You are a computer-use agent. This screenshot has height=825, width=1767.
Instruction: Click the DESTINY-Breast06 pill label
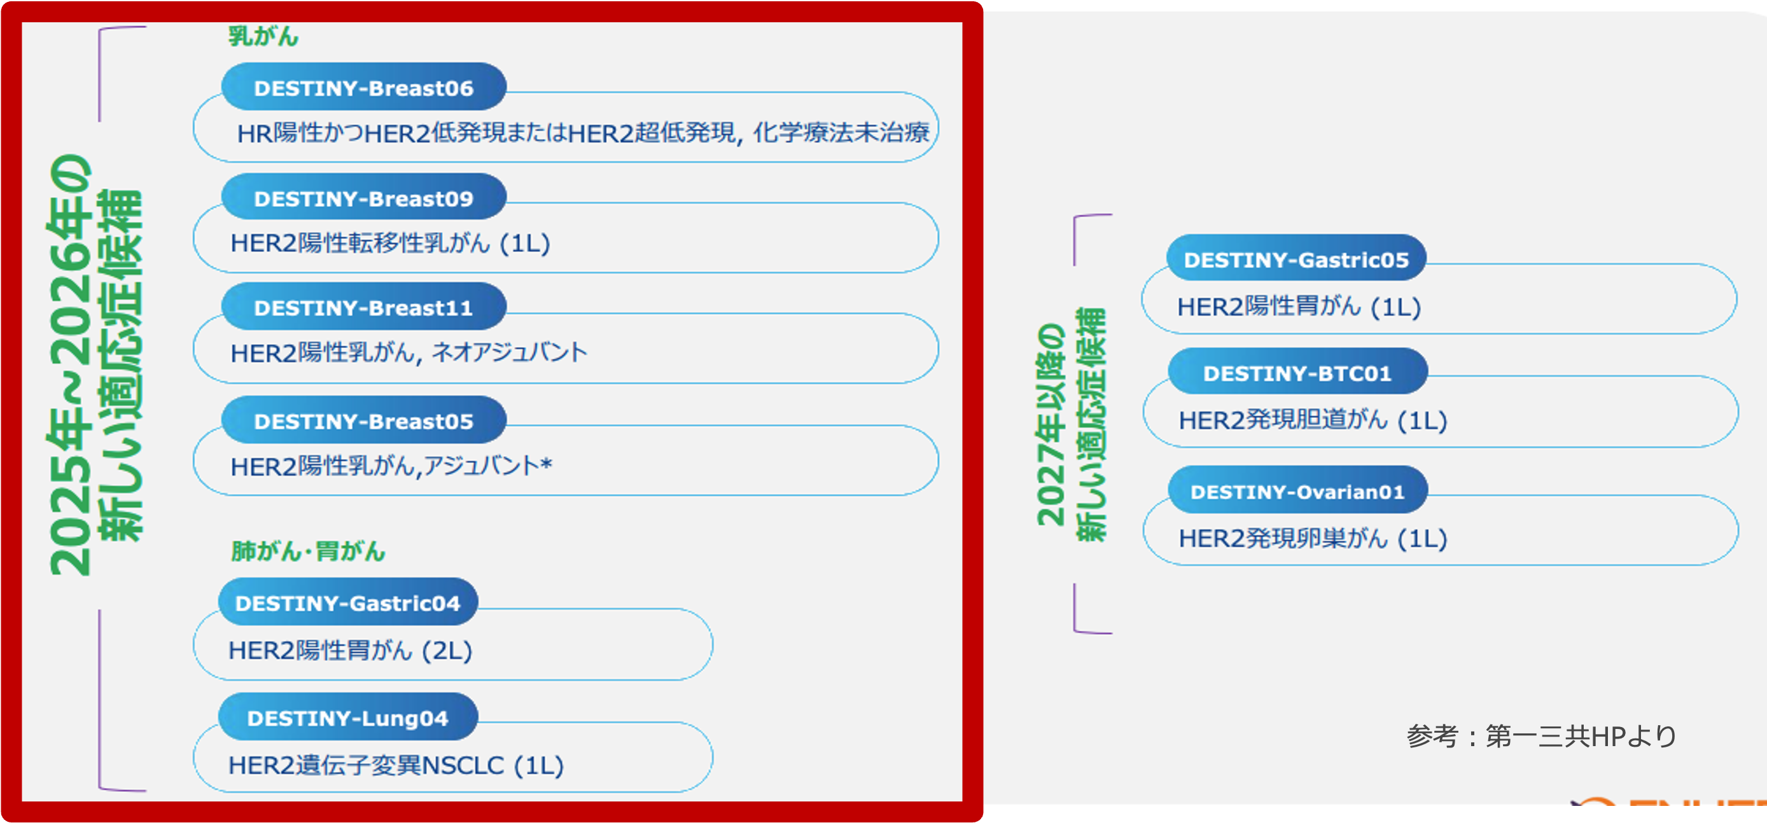[x=363, y=88]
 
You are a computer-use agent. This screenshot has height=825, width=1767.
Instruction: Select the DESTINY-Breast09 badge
[x=363, y=198]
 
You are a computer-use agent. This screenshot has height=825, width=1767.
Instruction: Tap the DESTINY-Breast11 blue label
[x=363, y=308]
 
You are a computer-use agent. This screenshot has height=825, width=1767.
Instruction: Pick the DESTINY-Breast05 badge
[x=363, y=421]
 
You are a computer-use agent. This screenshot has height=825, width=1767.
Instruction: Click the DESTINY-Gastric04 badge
[x=348, y=603]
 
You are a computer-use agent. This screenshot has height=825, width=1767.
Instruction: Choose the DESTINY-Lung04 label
[x=348, y=718]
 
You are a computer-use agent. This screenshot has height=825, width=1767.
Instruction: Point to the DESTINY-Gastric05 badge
[x=1296, y=260]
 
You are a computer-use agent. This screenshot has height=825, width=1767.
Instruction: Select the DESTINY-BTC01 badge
[x=1297, y=373]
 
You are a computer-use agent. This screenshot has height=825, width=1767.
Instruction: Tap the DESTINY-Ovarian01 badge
[x=1297, y=492]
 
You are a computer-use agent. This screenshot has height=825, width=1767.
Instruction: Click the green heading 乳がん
[x=263, y=36]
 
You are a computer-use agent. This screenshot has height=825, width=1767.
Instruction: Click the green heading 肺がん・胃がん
[x=308, y=551]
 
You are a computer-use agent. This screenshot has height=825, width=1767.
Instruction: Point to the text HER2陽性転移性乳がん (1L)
[x=390, y=243]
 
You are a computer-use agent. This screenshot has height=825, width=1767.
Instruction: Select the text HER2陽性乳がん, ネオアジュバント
[x=409, y=352]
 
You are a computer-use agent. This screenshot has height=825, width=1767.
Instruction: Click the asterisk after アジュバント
[x=546, y=464]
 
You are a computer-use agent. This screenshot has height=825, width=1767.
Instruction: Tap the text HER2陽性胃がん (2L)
[x=350, y=649]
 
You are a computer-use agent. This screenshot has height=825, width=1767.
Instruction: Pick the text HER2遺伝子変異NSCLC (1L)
[x=396, y=765]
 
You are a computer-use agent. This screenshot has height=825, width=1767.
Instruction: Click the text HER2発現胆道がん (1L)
[x=1312, y=420]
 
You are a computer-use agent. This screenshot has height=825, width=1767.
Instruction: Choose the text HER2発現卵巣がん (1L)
[x=1312, y=538]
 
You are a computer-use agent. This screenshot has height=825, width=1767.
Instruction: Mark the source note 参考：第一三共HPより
[x=1541, y=737]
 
